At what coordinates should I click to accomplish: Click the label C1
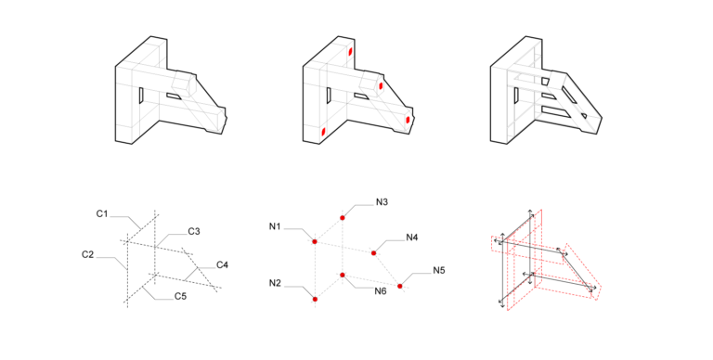[x=102, y=214]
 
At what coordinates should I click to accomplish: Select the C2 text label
[x=88, y=253]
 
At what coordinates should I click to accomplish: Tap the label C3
[x=194, y=231]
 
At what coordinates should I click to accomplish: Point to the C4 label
[x=223, y=265]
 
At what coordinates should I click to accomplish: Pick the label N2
[x=276, y=282]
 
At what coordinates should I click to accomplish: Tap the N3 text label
[x=382, y=201]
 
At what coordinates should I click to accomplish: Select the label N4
[x=412, y=237]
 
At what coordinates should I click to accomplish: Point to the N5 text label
[x=439, y=271]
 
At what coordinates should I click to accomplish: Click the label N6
[x=381, y=291]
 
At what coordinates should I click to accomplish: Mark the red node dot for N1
[x=316, y=242]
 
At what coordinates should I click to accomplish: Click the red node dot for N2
[x=316, y=299]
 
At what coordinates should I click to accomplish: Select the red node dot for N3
[x=344, y=217]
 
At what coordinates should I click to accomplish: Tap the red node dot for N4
[x=373, y=252]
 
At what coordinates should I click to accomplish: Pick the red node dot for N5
[x=400, y=286]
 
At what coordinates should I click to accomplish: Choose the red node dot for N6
[x=343, y=275]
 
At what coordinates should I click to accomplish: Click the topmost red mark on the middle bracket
[x=351, y=52]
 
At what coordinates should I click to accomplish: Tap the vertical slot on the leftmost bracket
[x=137, y=96]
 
